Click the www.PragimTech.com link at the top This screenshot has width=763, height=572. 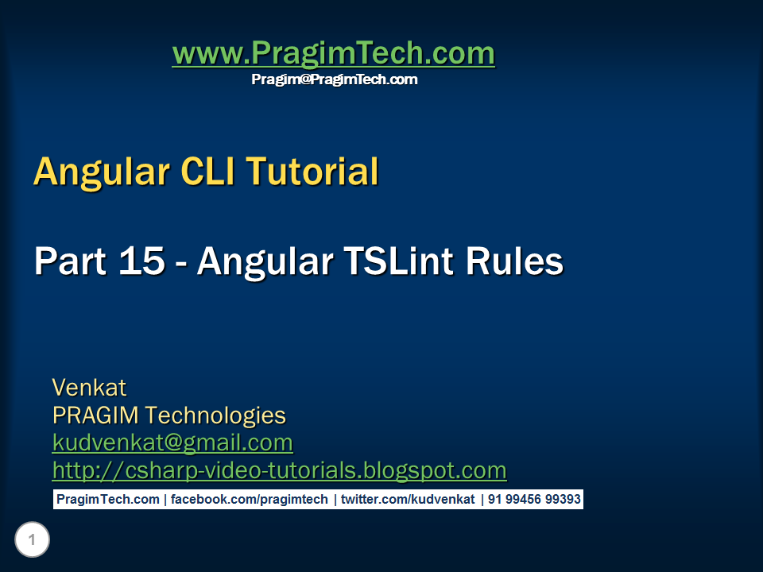(x=333, y=53)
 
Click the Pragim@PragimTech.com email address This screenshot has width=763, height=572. (x=334, y=79)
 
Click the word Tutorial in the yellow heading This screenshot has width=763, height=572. (x=312, y=172)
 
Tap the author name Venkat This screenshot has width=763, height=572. (x=89, y=388)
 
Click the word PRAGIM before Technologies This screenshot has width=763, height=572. (x=95, y=415)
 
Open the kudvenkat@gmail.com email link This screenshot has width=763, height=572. (x=172, y=443)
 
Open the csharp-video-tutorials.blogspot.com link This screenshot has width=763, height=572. (x=279, y=470)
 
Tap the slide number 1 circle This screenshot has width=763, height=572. (x=32, y=541)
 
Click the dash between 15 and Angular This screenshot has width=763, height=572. (x=181, y=262)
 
